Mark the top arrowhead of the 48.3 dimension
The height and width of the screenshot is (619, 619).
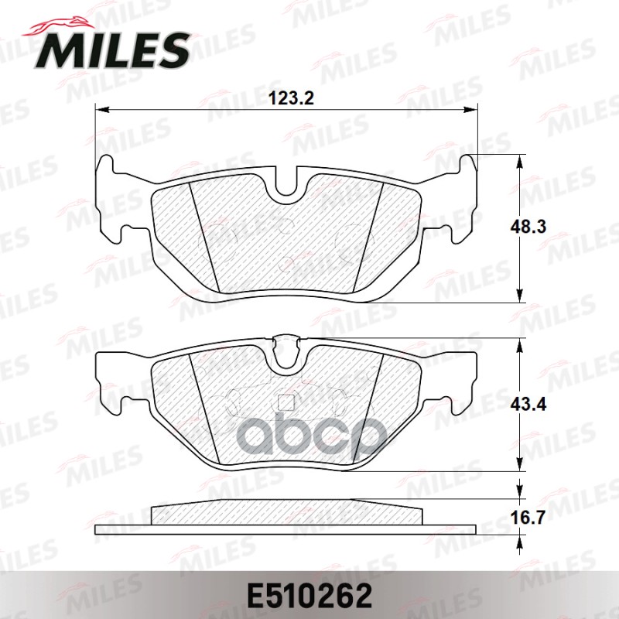coord(518,159)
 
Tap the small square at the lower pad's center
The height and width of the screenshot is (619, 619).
coord(287,402)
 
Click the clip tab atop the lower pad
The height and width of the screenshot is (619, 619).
coord(287,339)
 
